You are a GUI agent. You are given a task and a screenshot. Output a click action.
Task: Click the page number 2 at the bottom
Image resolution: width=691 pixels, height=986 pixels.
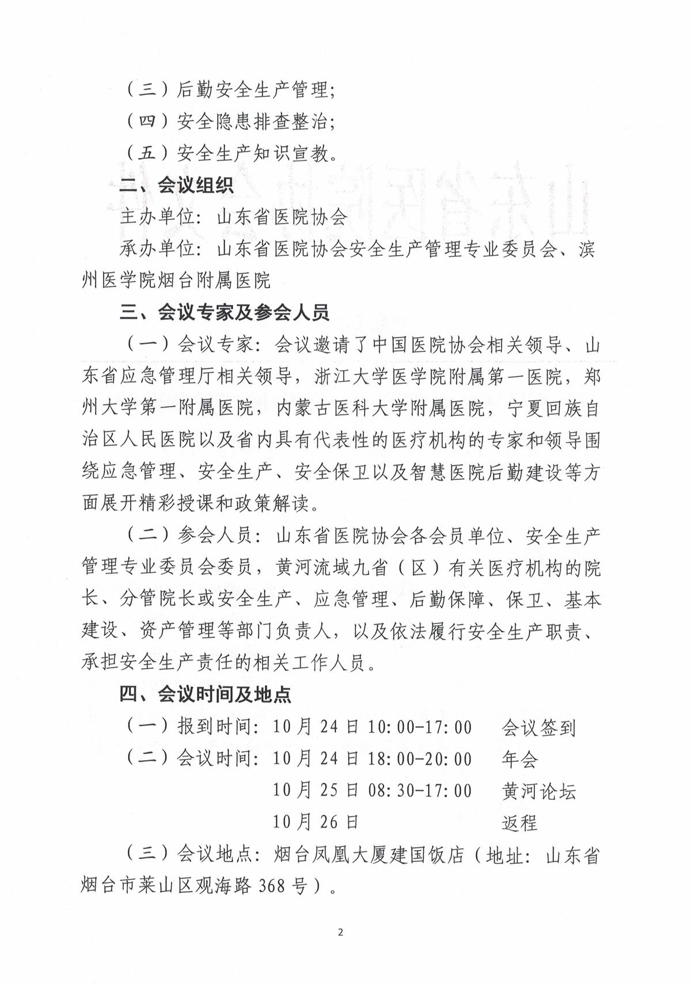[340, 933]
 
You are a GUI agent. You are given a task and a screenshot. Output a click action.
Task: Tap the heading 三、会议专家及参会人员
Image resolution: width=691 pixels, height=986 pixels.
[224, 313]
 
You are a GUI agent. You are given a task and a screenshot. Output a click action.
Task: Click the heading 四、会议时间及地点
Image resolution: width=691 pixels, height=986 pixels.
[205, 694]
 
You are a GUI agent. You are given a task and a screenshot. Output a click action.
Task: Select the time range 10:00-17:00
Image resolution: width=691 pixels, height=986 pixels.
[420, 727]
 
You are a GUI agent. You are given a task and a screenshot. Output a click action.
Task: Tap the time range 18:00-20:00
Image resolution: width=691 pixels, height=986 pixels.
[420, 759]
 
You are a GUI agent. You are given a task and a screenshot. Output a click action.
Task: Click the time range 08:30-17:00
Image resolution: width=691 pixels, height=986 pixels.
[420, 791]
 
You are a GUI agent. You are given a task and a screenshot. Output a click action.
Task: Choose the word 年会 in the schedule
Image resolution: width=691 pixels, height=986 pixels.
[519, 760]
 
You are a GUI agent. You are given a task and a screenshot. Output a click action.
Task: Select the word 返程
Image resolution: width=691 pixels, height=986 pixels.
[519, 823]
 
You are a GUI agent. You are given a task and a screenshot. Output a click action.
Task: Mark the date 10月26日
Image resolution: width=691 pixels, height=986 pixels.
[316, 822]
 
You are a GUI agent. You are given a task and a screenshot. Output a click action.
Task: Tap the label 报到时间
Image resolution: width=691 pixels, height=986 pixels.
[214, 727]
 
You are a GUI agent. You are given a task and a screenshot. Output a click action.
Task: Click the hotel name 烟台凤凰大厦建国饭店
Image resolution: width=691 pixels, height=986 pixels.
[369, 855]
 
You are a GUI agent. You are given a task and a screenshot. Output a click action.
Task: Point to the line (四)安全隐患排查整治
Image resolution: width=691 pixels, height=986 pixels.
[230, 122]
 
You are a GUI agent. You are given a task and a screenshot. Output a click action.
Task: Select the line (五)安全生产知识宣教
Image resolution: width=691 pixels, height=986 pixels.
[230, 153]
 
